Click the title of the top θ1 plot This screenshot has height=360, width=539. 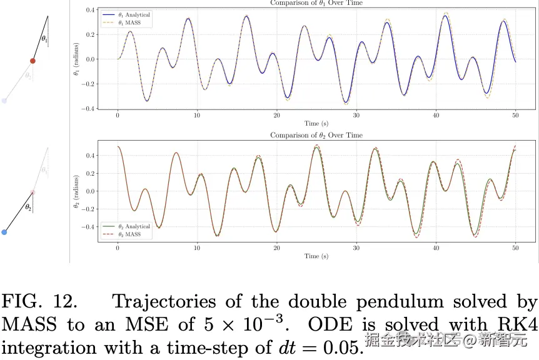click(x=316, y=3)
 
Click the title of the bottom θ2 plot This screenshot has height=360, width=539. click(x=316, y=135)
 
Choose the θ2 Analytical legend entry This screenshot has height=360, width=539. click(x=129, y=226)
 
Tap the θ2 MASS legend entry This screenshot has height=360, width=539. click(x=126, y=234)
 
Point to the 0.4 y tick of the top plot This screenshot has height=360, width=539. click(x=90, y=11)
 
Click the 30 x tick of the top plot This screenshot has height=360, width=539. click(x=356, y=116)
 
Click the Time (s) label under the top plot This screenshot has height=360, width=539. click(x=316, y=124)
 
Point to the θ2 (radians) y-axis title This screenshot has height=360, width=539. click(x=76, y=191)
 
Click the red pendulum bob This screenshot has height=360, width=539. click(x=33, y=61)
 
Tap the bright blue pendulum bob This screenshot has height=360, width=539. click(x=4, y=232)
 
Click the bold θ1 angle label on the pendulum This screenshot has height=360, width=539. click(x=44, y=39)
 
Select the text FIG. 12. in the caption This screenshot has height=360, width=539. click(x=40, y=302)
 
